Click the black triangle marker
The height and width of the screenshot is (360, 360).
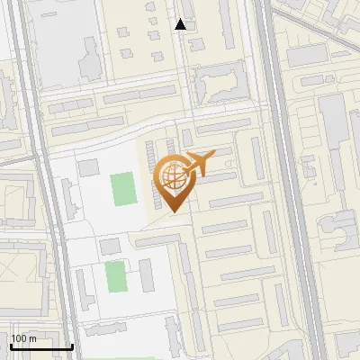(x=181, y=24)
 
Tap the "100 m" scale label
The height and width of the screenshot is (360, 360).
(x=22, y=338)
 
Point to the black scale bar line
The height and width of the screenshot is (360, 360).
(x=40, y=346)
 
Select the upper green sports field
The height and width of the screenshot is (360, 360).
(x=122, y=189)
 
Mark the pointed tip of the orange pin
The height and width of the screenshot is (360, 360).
(x=173, y=212)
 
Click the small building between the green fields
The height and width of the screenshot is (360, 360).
(x=109, y=246)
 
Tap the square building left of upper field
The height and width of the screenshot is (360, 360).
(x=88, y=167)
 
